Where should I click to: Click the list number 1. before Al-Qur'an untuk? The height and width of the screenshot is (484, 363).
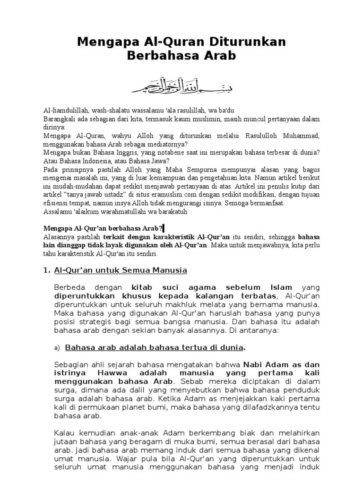(46, 270)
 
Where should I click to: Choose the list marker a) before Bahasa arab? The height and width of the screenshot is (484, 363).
(58, 349)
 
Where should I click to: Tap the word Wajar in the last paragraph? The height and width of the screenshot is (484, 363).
(121, 458)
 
